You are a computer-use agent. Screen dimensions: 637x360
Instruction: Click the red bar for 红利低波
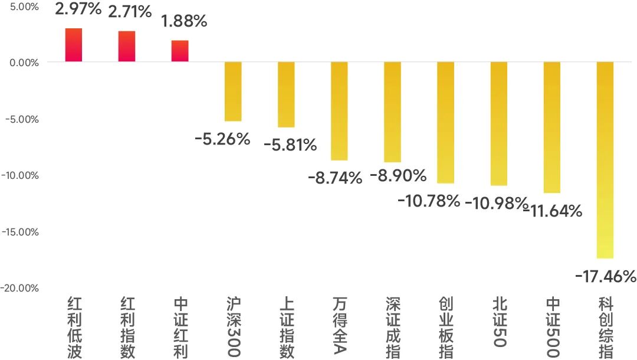click(74, 45)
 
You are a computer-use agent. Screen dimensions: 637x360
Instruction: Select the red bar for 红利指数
click(127, 46)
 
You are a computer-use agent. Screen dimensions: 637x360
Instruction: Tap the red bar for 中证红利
click(180, 51)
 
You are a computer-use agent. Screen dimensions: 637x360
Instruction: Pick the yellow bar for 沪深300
click(233, 91)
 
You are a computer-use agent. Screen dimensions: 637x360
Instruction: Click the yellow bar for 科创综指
click(605, 160)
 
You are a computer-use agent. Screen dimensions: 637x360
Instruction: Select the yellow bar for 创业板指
click(446, 122)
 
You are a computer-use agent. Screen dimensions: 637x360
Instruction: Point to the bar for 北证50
click(499, 123)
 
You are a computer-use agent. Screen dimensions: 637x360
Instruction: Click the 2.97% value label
click(78, 9)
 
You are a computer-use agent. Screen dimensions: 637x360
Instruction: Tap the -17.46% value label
click(605, 277)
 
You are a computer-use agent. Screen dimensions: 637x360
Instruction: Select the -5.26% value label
click(222, 139)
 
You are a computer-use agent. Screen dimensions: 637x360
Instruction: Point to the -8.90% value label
click(398, 175)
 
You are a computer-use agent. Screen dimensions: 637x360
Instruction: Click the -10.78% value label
click(429, 201)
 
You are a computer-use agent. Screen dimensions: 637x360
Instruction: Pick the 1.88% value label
click(184, 21)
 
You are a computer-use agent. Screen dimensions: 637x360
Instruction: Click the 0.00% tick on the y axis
click(24, 63)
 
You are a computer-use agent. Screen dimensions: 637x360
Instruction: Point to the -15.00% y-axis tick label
click(20, 232)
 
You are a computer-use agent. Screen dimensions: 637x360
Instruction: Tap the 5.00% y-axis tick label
click(24, 7)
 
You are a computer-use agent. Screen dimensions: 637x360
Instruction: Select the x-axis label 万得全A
click(340, 325)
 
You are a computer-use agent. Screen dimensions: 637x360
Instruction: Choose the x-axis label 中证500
click(553, 327)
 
